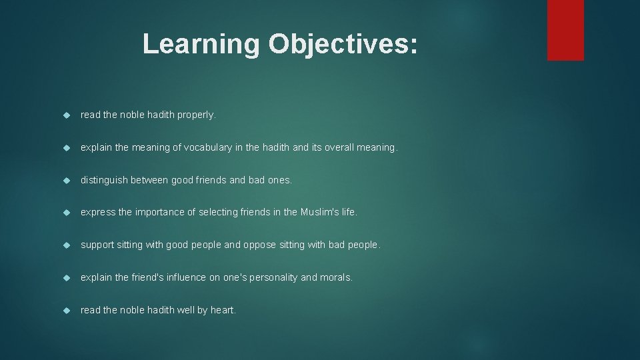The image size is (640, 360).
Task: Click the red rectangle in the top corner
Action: pyautogui.click(x=565, y=30)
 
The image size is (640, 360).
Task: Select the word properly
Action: pyautogui.click(x=197, y=115)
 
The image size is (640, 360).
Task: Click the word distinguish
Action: pyautogui.click(x=103, y=180)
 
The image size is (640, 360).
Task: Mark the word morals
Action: pyautogui.click(x=336, y=277)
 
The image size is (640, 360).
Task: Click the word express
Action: pyautogui.click(x=97, y=212)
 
